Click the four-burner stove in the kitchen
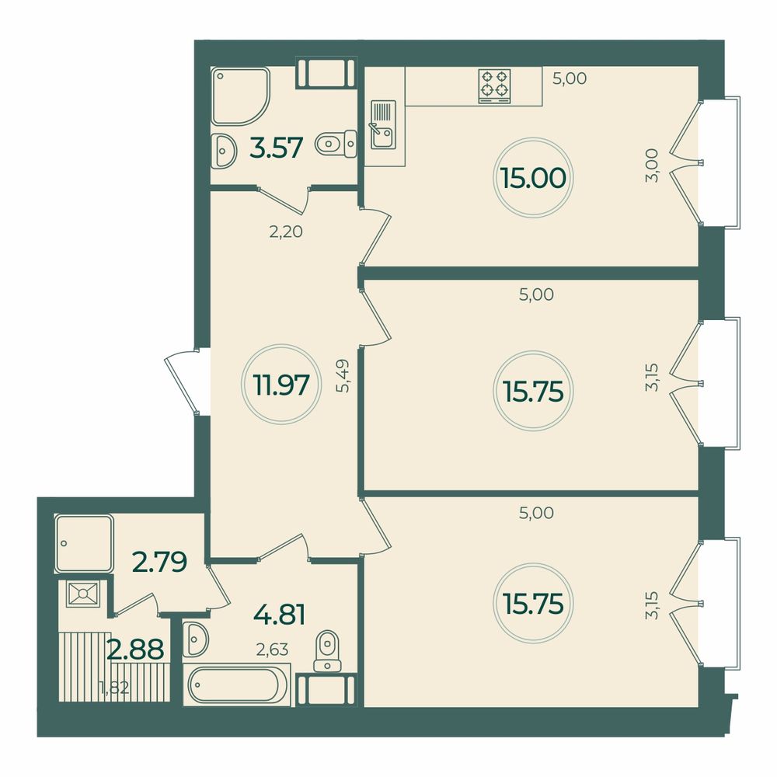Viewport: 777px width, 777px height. (x=494, y=86)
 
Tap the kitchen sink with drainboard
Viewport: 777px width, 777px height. (x=382, y=124)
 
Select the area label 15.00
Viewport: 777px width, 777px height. (x=533, y=178)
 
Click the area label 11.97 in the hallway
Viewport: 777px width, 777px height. (x=281, y=385)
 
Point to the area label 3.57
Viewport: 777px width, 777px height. (x=277, y=148)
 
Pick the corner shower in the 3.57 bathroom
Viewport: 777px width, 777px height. (x=240, y=96)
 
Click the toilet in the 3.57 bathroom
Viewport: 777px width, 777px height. (x=336, y=145)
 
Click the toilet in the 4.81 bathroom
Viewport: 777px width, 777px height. (x=328, y=650)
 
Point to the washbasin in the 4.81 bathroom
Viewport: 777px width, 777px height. (x=195, y=639)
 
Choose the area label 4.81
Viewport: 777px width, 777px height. (x=279, y=615)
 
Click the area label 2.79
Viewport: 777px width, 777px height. (x=159, y=562)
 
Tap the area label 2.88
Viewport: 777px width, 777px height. (x=135, y=650)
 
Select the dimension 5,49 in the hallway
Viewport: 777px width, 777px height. (x=343, y=375)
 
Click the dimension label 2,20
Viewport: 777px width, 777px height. (x=286, y=232)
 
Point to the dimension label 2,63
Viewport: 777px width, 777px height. (x=272, y=649)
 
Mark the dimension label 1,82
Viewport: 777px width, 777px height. (x=114, y=688)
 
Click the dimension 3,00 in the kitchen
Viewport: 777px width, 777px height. (x=652, y=166)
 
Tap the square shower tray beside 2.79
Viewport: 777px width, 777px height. (x=84, y=544)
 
